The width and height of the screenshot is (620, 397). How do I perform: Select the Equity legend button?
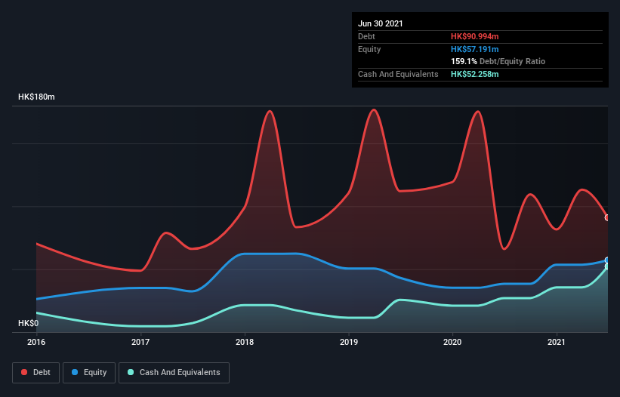pyautogui.click(x=90, y=372)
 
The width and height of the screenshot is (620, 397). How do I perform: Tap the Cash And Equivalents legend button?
pyautogui.click(x=174, y=372)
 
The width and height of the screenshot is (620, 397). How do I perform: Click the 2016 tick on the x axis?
pyautogui.click(x=36, y=342)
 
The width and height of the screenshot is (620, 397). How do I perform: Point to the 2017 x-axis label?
pyautogui.click(x=140, y=342)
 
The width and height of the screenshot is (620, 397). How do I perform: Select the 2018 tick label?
pyautogui.click(x=245, y=342)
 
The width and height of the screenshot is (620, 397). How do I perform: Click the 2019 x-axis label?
pyautogui.click(x=349, y=342)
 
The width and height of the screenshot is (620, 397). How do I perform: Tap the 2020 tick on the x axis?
pyautogui.click(x=452, y=342)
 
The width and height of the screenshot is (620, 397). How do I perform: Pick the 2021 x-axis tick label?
pyautogui.click(x=557, y=342)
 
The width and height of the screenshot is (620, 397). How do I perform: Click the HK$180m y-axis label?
pyautogui.click(x=37, y=97)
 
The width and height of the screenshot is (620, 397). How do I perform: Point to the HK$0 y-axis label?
pyautogui.click(x=28, y=323)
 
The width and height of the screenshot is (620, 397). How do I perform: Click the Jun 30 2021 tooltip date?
pyautogui.click(x=381, y=23)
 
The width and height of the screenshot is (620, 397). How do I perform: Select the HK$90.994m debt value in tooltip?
pyautogui.click(x=475, y=36)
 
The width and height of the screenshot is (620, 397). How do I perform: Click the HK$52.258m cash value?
pyautogui.click(x=475, y=74)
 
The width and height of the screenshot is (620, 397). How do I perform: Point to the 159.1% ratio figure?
pyautogui.click(x=464, y=61)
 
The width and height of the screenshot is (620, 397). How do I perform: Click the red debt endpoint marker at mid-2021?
pyautogui.click(x=607, y=217)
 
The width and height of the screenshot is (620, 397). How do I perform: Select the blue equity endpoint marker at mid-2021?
pyautogui.click(x=607, y=260)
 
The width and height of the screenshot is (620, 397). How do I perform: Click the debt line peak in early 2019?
pyautogui.click(x=374, y=109)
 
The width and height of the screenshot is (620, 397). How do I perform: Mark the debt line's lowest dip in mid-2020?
pyautogui.click(x=504, y=249)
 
